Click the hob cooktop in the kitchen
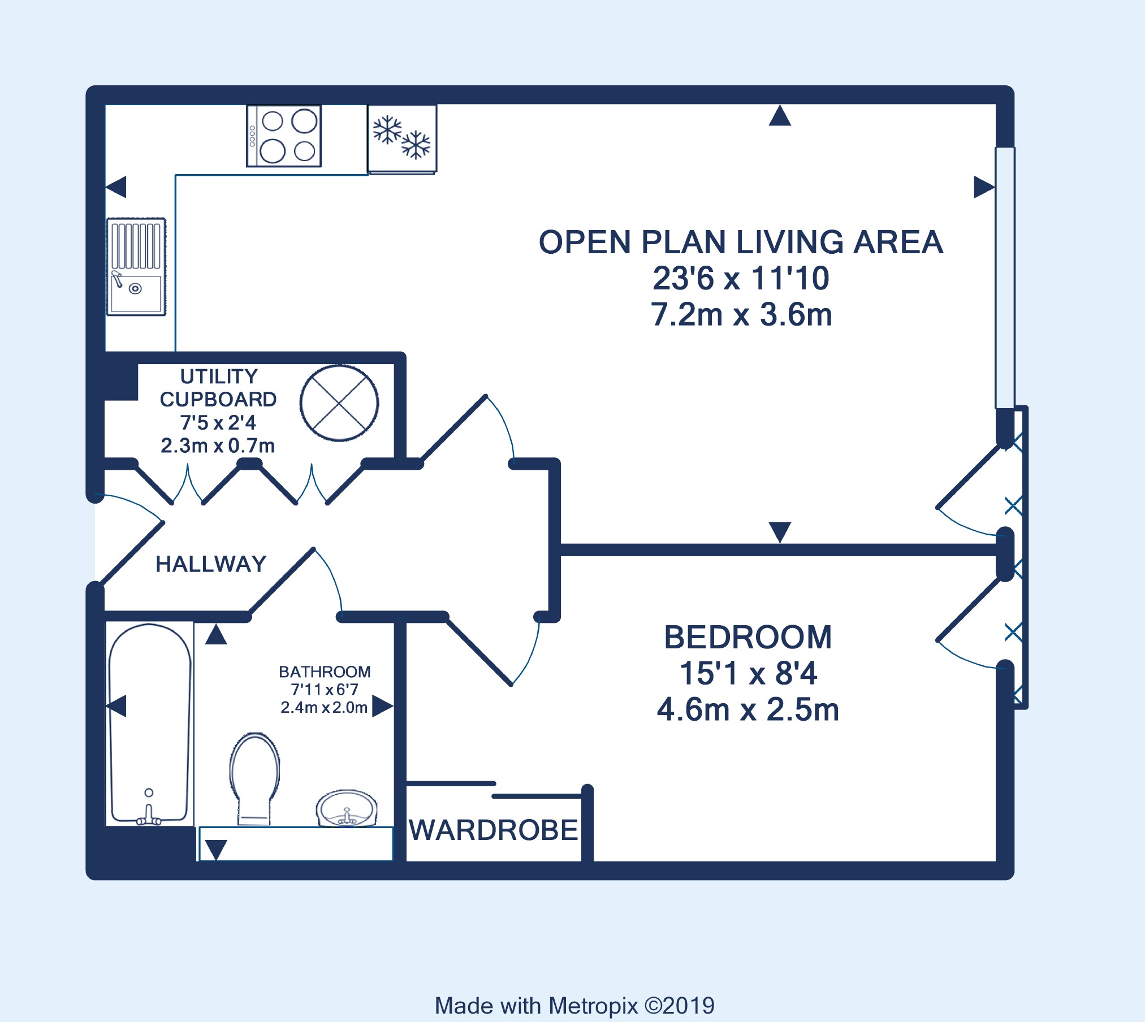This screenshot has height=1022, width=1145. [284, 136]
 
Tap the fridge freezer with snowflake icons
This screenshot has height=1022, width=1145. [402, 139]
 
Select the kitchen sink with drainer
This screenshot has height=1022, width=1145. [136, 266]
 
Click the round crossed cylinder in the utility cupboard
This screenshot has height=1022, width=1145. [339, 403]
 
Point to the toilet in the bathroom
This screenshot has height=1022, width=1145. [255, 779]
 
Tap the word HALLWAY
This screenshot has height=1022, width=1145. [211, 564]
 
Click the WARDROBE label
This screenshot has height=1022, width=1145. [494, 830]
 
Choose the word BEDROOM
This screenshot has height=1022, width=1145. [748, 638]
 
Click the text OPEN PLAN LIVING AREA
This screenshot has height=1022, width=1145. [741, 242]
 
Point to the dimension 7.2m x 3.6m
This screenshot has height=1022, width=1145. [741, 315]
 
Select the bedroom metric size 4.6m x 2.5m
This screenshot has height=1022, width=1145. [748, 710]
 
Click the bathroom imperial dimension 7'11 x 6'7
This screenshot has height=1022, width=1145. [325, 690]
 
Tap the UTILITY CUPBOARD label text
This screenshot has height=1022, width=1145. [218, 388]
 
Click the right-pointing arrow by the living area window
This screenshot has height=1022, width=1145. [984, 187]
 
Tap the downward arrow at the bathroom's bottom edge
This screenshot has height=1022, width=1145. [216, 850]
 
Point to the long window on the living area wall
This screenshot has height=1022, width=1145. [1005, 278]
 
